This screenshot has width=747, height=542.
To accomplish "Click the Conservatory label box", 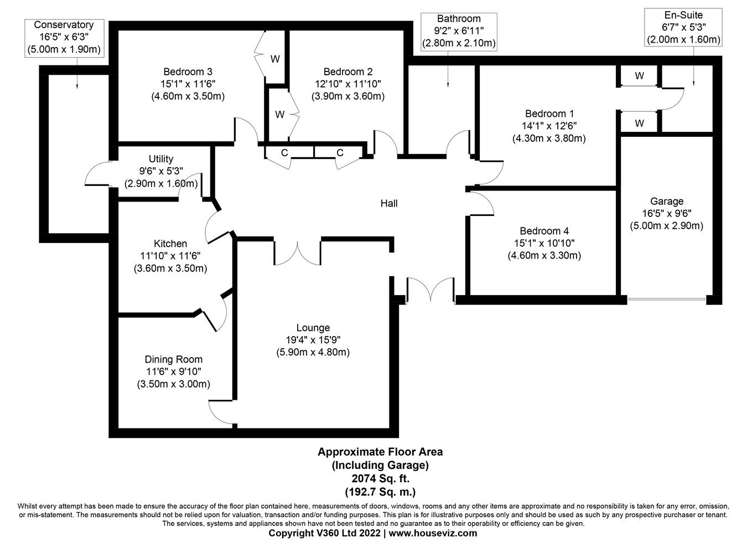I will tap(64, 37).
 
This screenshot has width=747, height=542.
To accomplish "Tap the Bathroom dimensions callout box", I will tap(459, 31).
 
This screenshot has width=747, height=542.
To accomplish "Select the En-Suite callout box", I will tap(683, 27).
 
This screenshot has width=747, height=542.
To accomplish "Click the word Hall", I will tap(388, 203).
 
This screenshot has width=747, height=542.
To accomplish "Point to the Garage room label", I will tap(666, 202).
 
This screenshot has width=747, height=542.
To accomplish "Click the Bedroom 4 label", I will tap(544, 231).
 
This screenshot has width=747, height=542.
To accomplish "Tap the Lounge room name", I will tap(313, 328).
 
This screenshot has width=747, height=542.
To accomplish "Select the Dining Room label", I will tap(173, 359).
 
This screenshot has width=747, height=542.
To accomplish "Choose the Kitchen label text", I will tap(170, 244).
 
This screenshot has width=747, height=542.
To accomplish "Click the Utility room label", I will tap(160, 159).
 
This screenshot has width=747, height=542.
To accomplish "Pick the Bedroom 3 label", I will tap(188, 71).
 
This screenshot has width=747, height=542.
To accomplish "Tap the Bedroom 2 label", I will tap(347, 71).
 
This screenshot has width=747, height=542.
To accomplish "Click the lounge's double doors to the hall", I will tap(298, 252).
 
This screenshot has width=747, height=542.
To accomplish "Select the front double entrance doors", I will tap(430, 290).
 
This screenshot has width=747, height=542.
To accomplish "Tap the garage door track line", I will tap(667, 300).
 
